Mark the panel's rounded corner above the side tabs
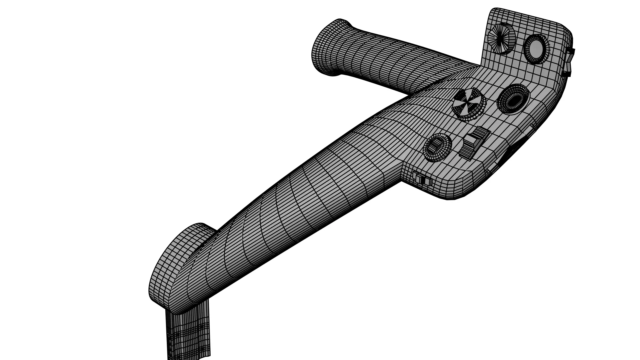[563, 28]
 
